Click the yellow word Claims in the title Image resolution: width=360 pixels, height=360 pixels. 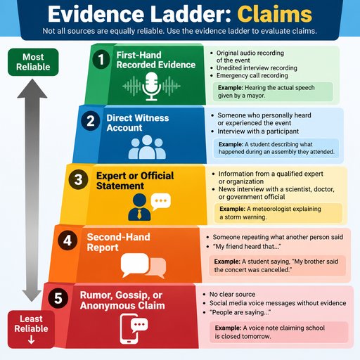point(274,14)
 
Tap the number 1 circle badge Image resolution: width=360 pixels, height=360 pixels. point(101,59)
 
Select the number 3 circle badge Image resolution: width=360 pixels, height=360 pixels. point(78,179)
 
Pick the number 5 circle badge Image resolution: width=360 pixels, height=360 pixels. point(58,298)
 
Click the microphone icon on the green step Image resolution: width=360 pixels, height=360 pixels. point(151,86)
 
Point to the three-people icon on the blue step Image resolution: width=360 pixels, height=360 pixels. point(147,147)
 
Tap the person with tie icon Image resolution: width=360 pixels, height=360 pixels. point(139,207)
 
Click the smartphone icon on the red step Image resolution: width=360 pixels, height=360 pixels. point(129,329)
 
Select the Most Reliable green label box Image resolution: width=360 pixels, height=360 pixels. point(33,62)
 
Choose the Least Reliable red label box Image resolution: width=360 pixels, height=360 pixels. point(31,329)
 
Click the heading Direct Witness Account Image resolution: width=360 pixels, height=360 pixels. point(138,123)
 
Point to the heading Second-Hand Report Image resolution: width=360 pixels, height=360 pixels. point(118,242)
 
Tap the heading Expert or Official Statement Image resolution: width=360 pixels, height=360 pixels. point(135,181)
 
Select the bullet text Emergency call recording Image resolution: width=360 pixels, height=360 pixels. point(252,75)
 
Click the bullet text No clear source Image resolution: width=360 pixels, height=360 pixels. point(232,294)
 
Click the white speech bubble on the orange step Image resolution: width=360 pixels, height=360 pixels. point(134,264)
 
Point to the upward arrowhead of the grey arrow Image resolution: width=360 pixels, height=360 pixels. point(32,88)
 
